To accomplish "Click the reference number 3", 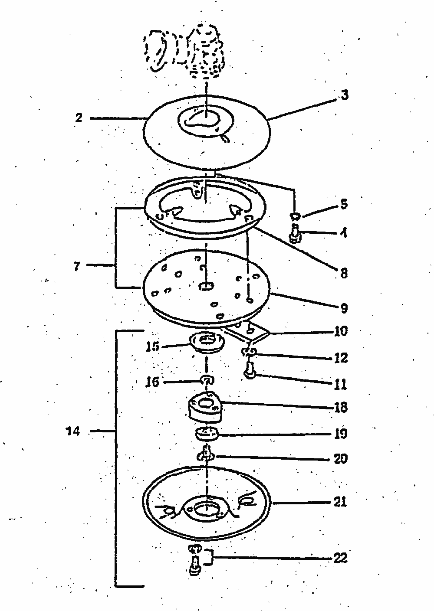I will click(344, 95).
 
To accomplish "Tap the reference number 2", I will click(79, 118).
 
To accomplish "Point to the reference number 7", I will click(76, 266).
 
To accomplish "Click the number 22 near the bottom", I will click(340, 558).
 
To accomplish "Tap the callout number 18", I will click(341, 408).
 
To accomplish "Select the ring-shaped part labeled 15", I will click(207, 341).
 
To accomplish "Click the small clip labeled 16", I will click(207, 380).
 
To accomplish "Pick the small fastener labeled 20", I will click(205, 455).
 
